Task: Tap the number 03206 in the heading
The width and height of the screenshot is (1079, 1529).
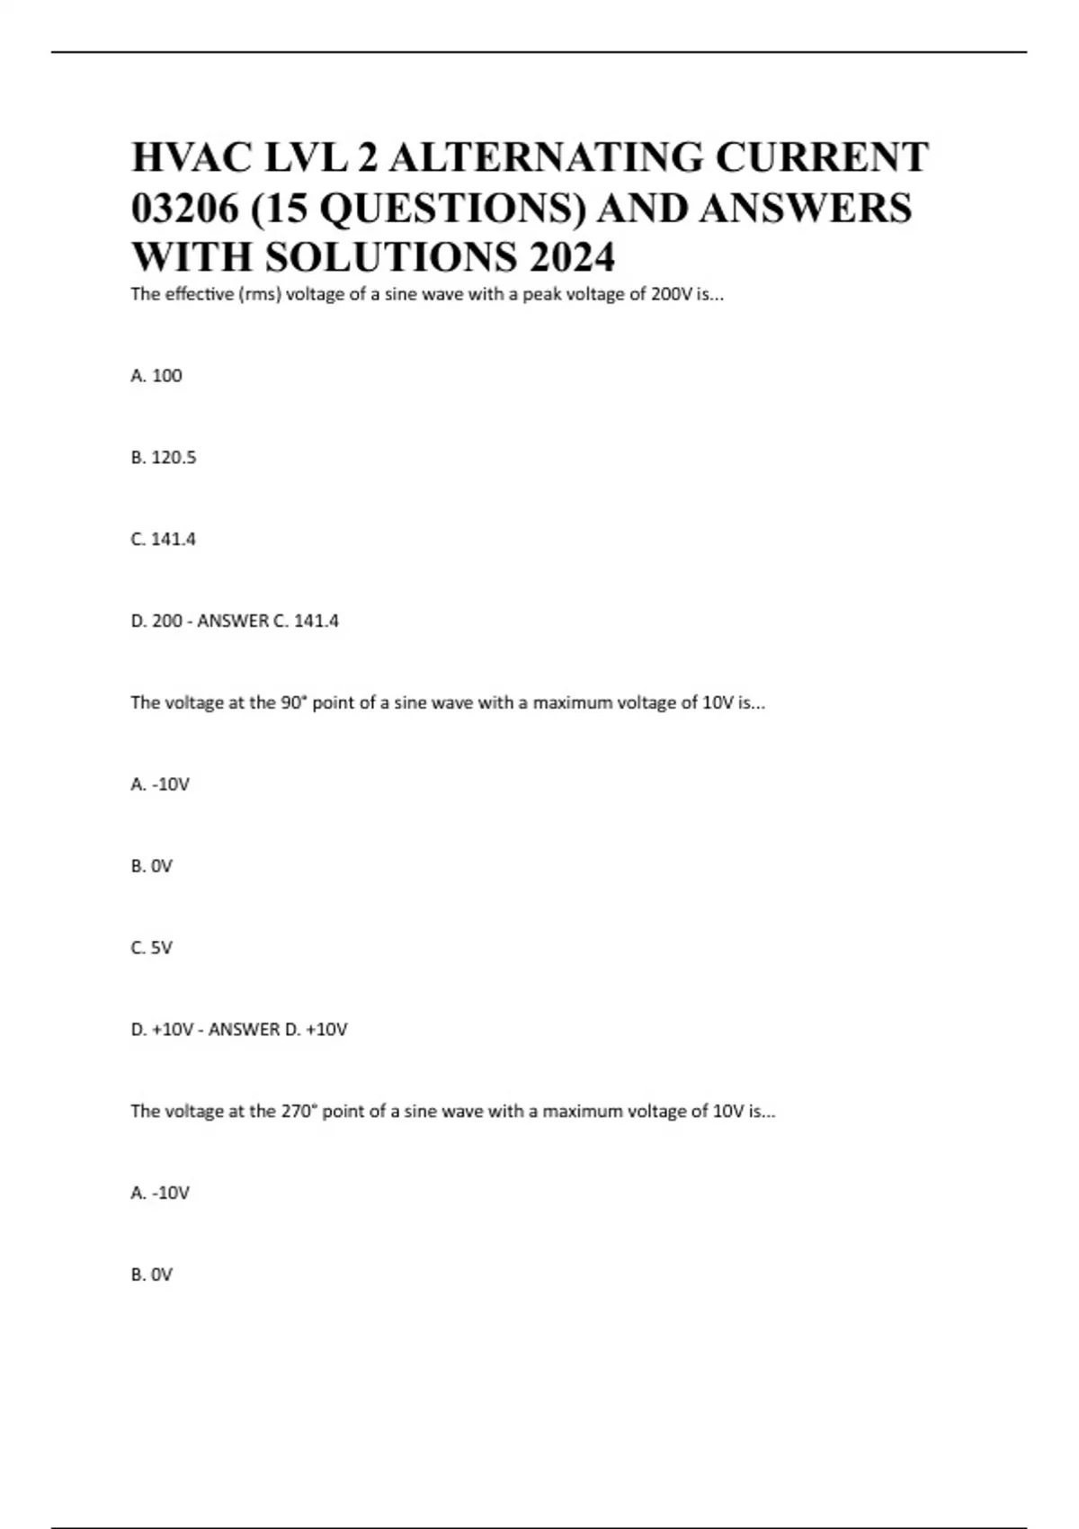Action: [x=185, y=208]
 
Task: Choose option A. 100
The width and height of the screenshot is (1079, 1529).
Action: [x=156, y=376]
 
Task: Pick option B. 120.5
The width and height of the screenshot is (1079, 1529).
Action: [x=163, y=458]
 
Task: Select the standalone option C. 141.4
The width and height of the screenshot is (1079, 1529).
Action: [x=163, y=540]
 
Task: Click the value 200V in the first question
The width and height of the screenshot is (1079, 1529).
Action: [x=671, y=294]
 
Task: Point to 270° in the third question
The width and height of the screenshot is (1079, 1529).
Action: [x=299, y=1111]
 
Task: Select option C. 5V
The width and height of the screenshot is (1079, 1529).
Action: [x=151, y=948]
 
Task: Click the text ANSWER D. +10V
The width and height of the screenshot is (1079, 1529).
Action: [x=278, y=1030]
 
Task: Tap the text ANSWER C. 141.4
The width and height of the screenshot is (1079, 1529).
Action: [x=268, y=621]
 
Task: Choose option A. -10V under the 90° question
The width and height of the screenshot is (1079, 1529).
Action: [x=160, y=784]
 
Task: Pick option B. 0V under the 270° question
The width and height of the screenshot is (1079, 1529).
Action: [x=151, y=1274]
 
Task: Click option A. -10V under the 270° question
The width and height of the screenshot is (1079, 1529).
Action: [x=160, y=1193]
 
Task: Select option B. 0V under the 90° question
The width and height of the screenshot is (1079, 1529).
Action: [x=151, y=866]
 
